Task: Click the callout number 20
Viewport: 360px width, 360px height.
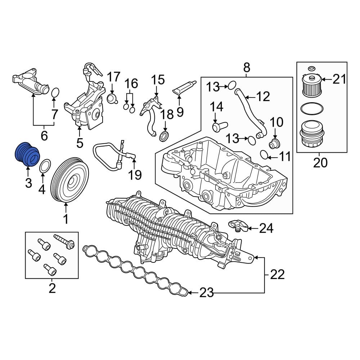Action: tap(320, 163)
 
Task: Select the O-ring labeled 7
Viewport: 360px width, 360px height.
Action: tap(55, 93)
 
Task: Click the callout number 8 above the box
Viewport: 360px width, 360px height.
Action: tap(247, 67)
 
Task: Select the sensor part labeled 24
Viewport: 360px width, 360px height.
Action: tap(238, 225)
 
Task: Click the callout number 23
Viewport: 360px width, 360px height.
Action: tap(206, 293)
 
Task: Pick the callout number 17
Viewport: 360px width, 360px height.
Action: tap(114, 77)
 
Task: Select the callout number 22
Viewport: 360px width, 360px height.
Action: tap(277, 275)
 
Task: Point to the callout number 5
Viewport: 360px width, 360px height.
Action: tap(80, 143)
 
